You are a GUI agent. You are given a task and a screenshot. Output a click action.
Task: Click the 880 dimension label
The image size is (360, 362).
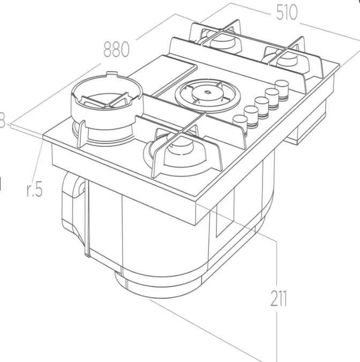[116, 49]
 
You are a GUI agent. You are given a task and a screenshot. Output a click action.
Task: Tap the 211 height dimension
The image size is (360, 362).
[279, 299]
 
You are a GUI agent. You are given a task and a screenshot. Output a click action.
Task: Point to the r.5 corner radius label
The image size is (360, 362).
[34, 190]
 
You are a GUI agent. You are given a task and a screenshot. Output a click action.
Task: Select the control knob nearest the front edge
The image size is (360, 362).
[240, 122]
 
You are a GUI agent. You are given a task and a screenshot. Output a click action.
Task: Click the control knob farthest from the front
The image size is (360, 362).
[282, 86]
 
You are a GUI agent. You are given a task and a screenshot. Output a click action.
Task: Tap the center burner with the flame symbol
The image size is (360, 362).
[206, 94]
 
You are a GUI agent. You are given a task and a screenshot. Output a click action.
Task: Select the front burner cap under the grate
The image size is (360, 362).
[178, 145]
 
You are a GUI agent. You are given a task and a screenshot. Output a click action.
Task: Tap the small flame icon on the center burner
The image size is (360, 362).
[207, 94]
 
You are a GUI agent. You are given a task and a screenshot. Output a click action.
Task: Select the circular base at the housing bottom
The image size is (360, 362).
[155, 284]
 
